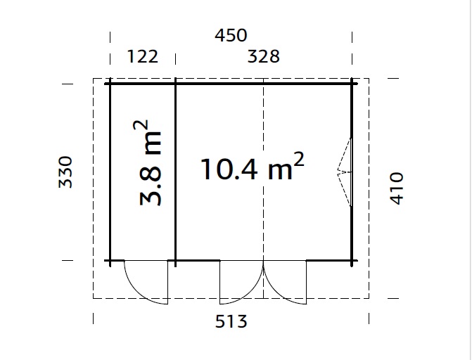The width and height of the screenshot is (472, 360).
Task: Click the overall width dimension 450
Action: pos(231,35)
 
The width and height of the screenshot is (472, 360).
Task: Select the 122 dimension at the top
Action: pos(142,56)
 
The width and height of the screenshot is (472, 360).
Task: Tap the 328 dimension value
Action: pos(264,56)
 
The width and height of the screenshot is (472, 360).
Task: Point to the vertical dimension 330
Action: pos(65,172)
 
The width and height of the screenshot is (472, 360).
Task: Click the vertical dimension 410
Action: pos(397,188)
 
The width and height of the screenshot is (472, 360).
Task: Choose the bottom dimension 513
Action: pos(231,322)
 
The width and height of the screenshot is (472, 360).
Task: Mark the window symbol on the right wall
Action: pos(345,172)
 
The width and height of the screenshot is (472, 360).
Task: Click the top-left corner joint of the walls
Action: pos(110,84)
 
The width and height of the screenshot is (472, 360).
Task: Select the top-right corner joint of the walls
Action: pos(352,84)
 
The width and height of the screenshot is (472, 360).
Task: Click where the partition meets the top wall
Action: pos(175,84)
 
